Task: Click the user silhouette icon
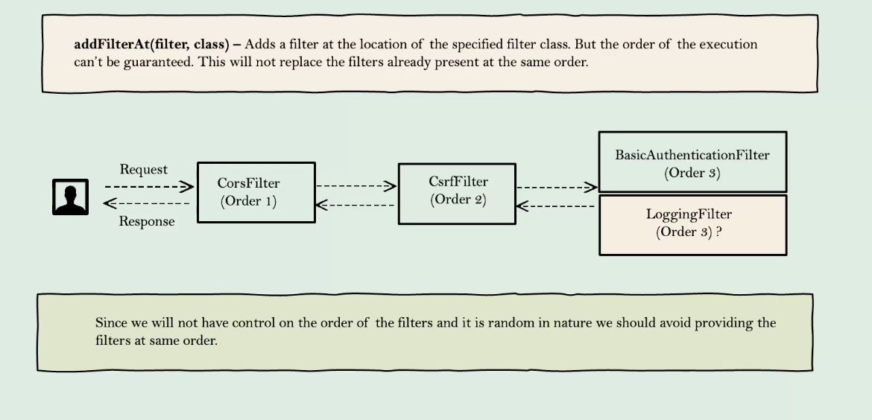point(70,197)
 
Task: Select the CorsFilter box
point(256,192)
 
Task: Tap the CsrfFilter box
point(457,194)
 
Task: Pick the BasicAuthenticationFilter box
point(692,162)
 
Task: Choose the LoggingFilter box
point(692,225)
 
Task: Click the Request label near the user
point(144,170)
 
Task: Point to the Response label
point(147,221)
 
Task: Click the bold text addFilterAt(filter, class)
point(151,44)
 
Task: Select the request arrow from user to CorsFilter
point(148,186)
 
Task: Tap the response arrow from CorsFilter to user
point(147,203)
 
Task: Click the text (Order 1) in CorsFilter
point(248,201)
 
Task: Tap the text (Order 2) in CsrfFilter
point(458,200)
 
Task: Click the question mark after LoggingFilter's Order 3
point(718,232)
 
